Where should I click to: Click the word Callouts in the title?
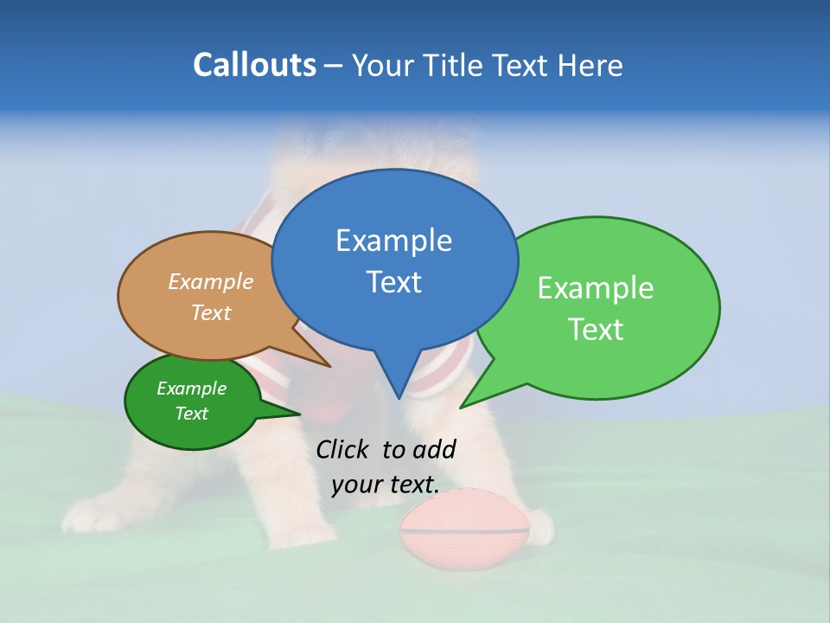pyautogui.click(x=254, y=65)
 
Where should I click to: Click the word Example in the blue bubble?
pyautogui.click(x=393, y=241)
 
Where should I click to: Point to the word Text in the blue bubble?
pyautogui.click(x=393, y=282)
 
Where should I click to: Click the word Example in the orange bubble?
pyautogui.click(x=211, y=282)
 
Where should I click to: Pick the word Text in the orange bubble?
pyautogui.click(x=211, y=312)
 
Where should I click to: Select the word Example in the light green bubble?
pyautogui.click(x=596, y=288)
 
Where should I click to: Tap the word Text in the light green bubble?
pyautogui.click(x=596, y=330)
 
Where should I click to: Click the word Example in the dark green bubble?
pyautogui.click(x=191, y=389)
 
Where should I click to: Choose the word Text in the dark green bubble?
pyautogui.click(x=191, y=414)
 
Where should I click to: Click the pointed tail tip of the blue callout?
pyautogui.click(x=399, y=398)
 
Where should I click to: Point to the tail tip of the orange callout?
pyautogui.click(x=329, y=366)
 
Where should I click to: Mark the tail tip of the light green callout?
pyautogui.click(x=461, y=407)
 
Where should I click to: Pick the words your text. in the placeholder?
pyautogui.click(x=385, y=485)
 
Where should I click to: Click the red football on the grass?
pyautogui.click(x=464, y=529)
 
